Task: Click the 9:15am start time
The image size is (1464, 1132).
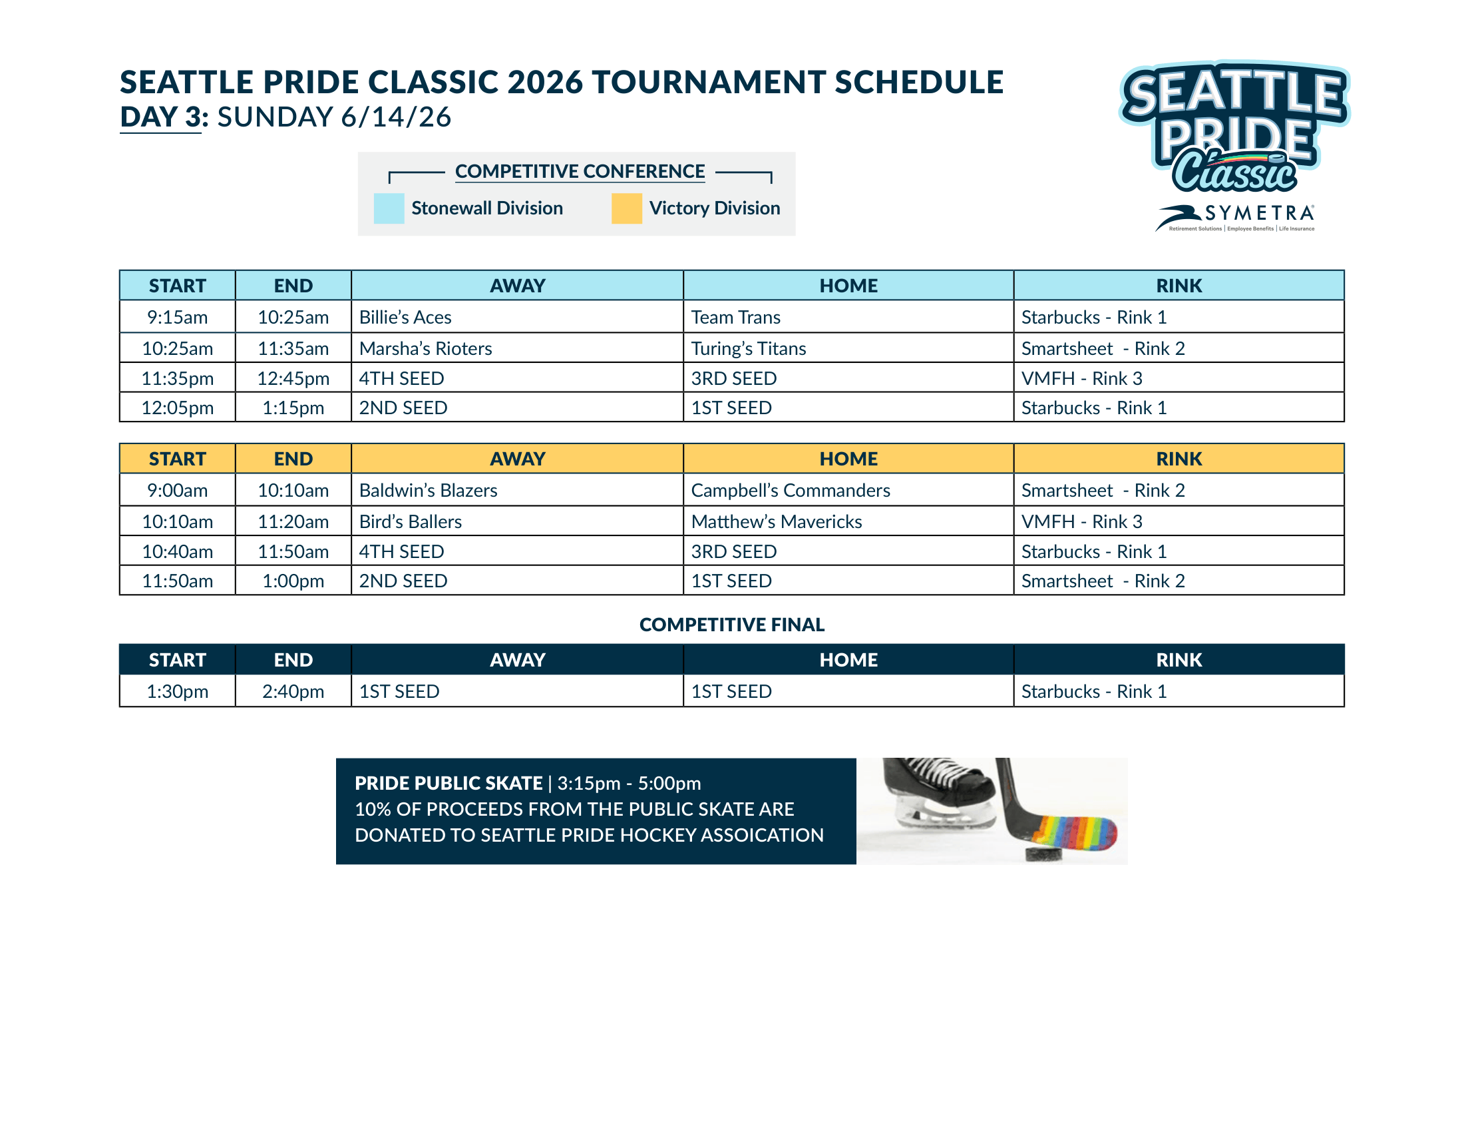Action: [x=177, y=316]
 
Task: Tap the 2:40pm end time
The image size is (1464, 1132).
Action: [x=293, y=691]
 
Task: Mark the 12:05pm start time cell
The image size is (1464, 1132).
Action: [x=177, y=407]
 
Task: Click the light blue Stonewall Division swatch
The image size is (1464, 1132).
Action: [x=389, y=208]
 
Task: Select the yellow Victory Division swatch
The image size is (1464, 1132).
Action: [x=627, y=208]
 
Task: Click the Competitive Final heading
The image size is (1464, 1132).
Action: [x=732, y=625]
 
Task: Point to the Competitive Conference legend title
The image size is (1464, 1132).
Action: [x=580, y=171]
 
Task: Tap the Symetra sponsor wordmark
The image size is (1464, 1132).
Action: [x=1260, y=213]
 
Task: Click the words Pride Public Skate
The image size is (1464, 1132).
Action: [x=449, y=782]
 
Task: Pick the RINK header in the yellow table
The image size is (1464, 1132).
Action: [x=1179, y=459]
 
